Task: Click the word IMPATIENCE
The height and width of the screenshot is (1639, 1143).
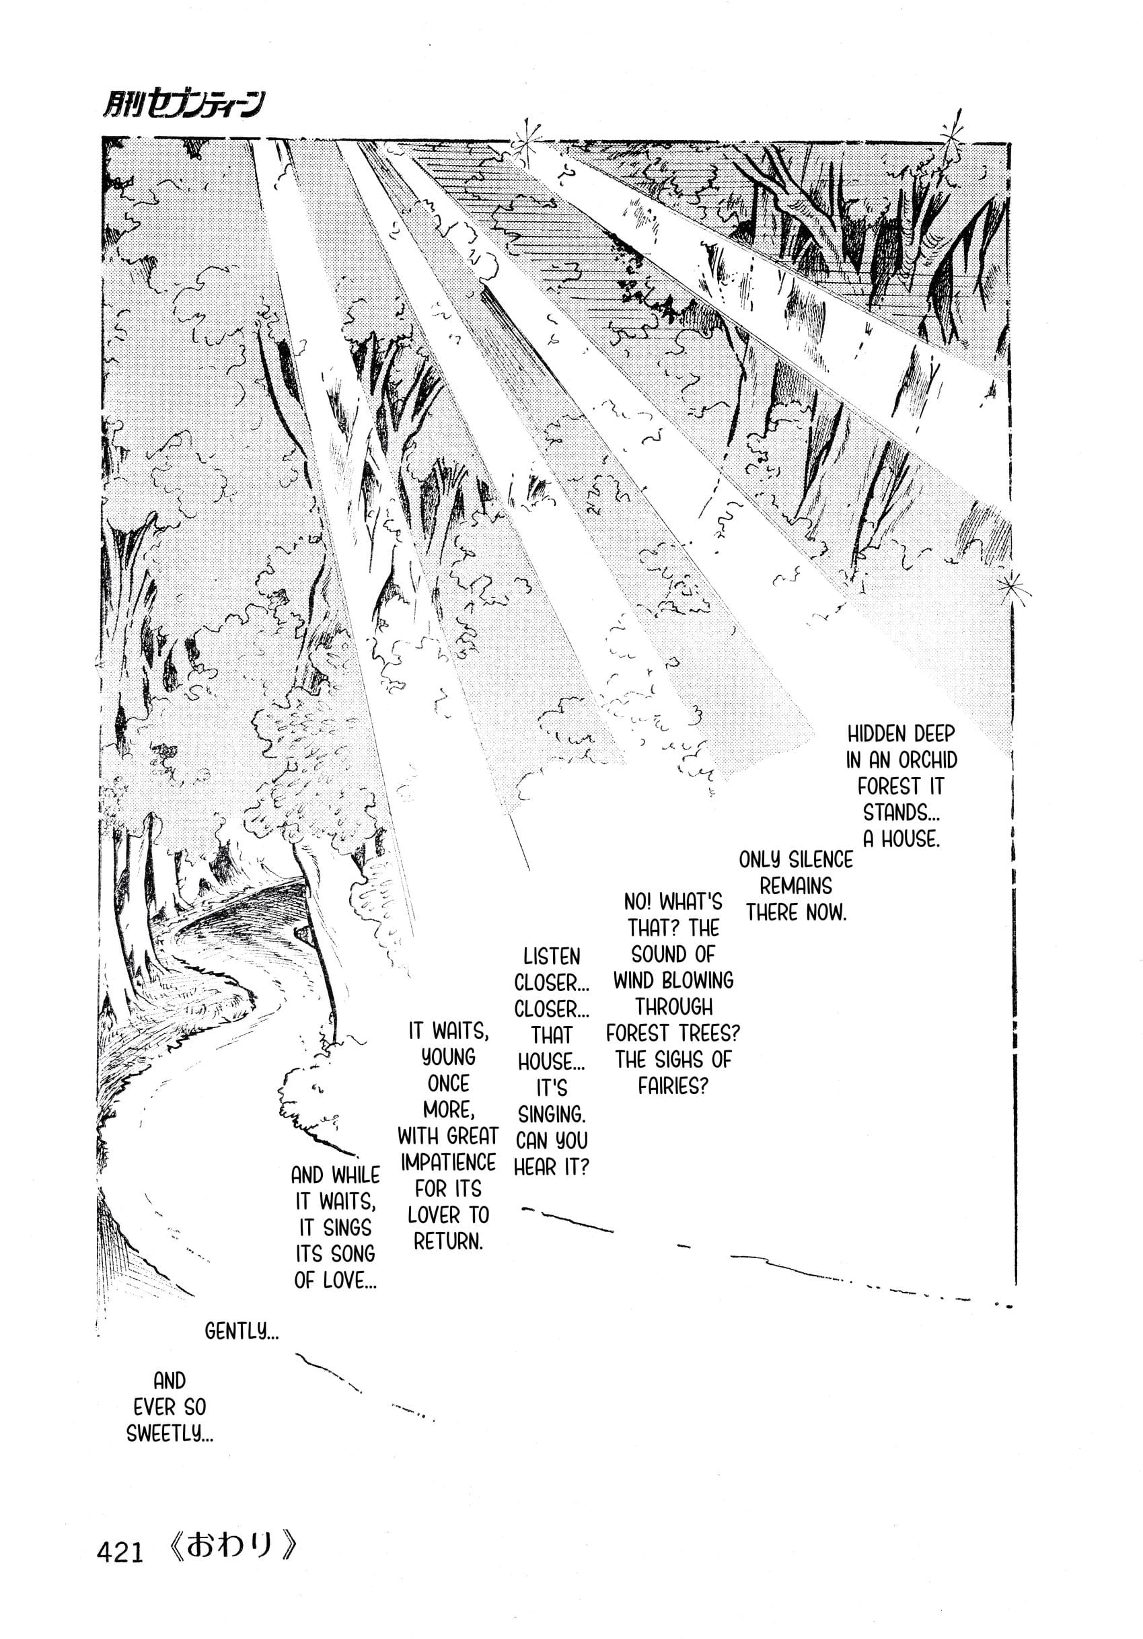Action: pyautogui.click(x=448, y=1162)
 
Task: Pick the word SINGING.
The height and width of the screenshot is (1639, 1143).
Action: pyautogui.click(x=550, y=1114)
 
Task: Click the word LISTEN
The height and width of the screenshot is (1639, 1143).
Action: pyautogui.click(x=551, y=957)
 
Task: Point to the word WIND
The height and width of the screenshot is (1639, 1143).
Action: pyautogui.click(x=634, y=981)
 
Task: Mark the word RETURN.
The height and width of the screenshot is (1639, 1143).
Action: pyautogui.click(x=447, y=1241)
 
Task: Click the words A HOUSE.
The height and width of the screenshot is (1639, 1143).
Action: pyautogui.click(x=901, y=840)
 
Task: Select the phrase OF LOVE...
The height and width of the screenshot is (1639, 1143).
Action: pyautogui.click(x=335, y=1280)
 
